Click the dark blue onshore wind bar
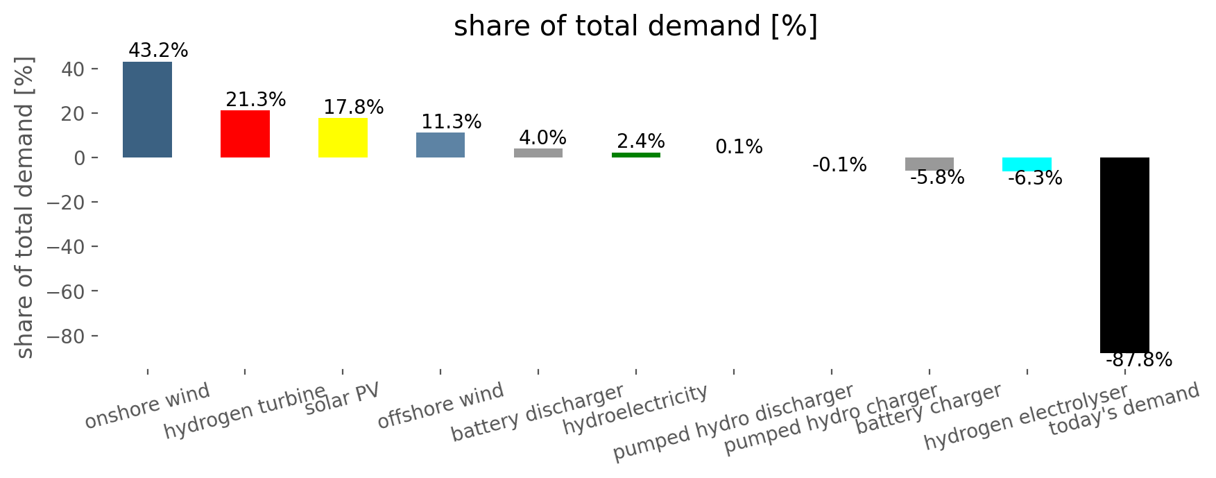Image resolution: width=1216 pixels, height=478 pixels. click(147, 110)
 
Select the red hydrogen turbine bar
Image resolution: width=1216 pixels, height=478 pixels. click(245, 134)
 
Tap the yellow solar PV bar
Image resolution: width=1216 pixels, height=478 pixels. click(343, 137)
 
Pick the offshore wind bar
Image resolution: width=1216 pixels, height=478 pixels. click(440, 145)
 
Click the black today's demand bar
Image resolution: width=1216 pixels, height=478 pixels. click(1124, 255)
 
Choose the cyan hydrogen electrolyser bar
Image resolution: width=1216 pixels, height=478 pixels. click(1027, 164)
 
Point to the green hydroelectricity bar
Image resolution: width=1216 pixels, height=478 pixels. click(636, 155)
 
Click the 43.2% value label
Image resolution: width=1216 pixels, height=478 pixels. click(158, 51)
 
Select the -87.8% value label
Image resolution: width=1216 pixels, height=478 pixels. click(1139, 360)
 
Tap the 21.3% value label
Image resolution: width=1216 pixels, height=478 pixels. click(256, 100)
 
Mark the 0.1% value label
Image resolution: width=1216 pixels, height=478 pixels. click(739, 147)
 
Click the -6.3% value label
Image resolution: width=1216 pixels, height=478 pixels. click(1035, 178)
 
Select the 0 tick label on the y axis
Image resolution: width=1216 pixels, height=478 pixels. click(79, 158)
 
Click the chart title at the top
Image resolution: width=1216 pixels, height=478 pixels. click(636, 26)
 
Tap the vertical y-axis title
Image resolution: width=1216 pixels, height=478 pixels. click(25, 207)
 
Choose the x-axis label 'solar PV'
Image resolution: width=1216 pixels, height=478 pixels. click(343, 398)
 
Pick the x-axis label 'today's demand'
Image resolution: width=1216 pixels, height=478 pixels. click(1124, 409)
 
